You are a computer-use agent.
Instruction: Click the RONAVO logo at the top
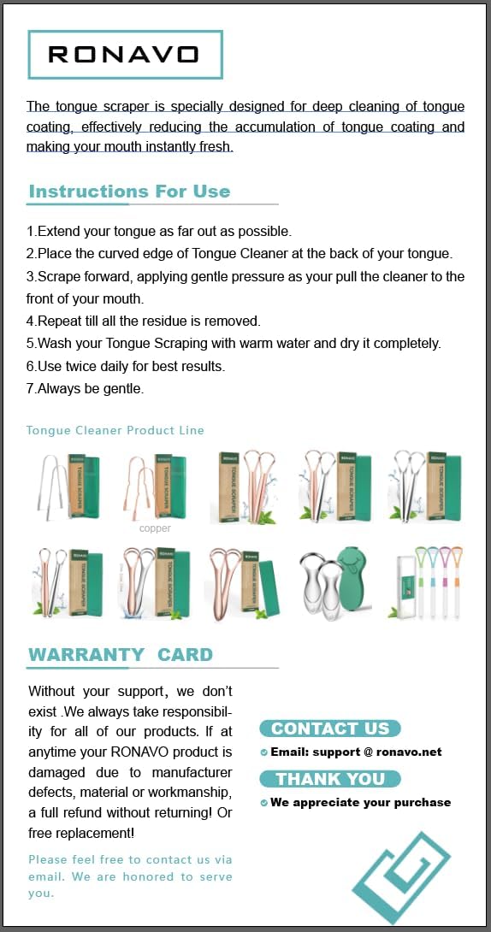pyautogui.click(x=125, y=55)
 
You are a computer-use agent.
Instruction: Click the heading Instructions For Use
pyautogui.click(x=129, y=192)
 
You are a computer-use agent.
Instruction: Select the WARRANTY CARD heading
pyautogui.click(x=121, y=654)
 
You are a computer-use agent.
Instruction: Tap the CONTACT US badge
pyautogui.click(x=330, y=728)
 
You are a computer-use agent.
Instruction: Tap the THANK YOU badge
pyautogui.click(x=330, y=779)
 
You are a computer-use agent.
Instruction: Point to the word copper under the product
pyautogui.click(x=155, y=528)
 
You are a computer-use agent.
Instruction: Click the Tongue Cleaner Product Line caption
pyautogui.click(x=115, y=430)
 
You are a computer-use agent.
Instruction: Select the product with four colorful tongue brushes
pyautogui.click(x=427, y=582)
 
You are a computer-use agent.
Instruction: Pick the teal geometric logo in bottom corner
pyautogui.click(x=401, y=876)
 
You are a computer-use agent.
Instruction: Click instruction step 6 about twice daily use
pyautogui.click(x=126, y=367)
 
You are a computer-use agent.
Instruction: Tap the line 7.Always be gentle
pyautogui.click(x=85, y=390)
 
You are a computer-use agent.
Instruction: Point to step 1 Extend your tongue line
pyautogui.click(x=159, y=231)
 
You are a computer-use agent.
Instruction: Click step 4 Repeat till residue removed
pyautogui.click(x=143, y=321)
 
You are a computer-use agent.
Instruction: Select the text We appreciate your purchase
pyautogui.click(x=360, y=802)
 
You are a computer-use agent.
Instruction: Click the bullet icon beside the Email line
pyautogui.click(x=264, y=752)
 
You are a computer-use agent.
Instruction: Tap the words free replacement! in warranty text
pyautogui.click(x=81, y=834)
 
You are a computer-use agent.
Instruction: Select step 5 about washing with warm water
pyautogui.click(x=234, y=344)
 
